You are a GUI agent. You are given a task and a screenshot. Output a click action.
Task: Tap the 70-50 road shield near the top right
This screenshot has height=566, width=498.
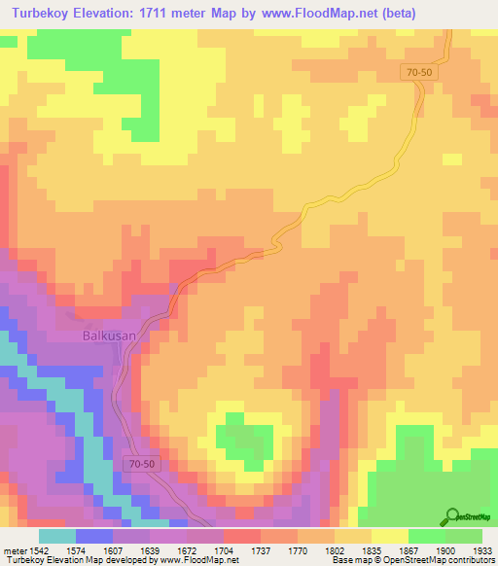tap(419, 72)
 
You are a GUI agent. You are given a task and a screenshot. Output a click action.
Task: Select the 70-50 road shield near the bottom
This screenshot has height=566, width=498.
tap(141, 464)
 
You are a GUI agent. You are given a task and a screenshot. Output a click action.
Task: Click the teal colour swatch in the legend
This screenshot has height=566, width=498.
tap(57, 536)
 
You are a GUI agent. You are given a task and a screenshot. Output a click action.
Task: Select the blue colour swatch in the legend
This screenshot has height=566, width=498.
tap(94, 536)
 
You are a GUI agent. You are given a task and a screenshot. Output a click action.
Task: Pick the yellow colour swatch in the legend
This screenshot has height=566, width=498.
tap(390, 536)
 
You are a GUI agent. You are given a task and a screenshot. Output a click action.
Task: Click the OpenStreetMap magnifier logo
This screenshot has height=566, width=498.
tap(450, 516)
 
